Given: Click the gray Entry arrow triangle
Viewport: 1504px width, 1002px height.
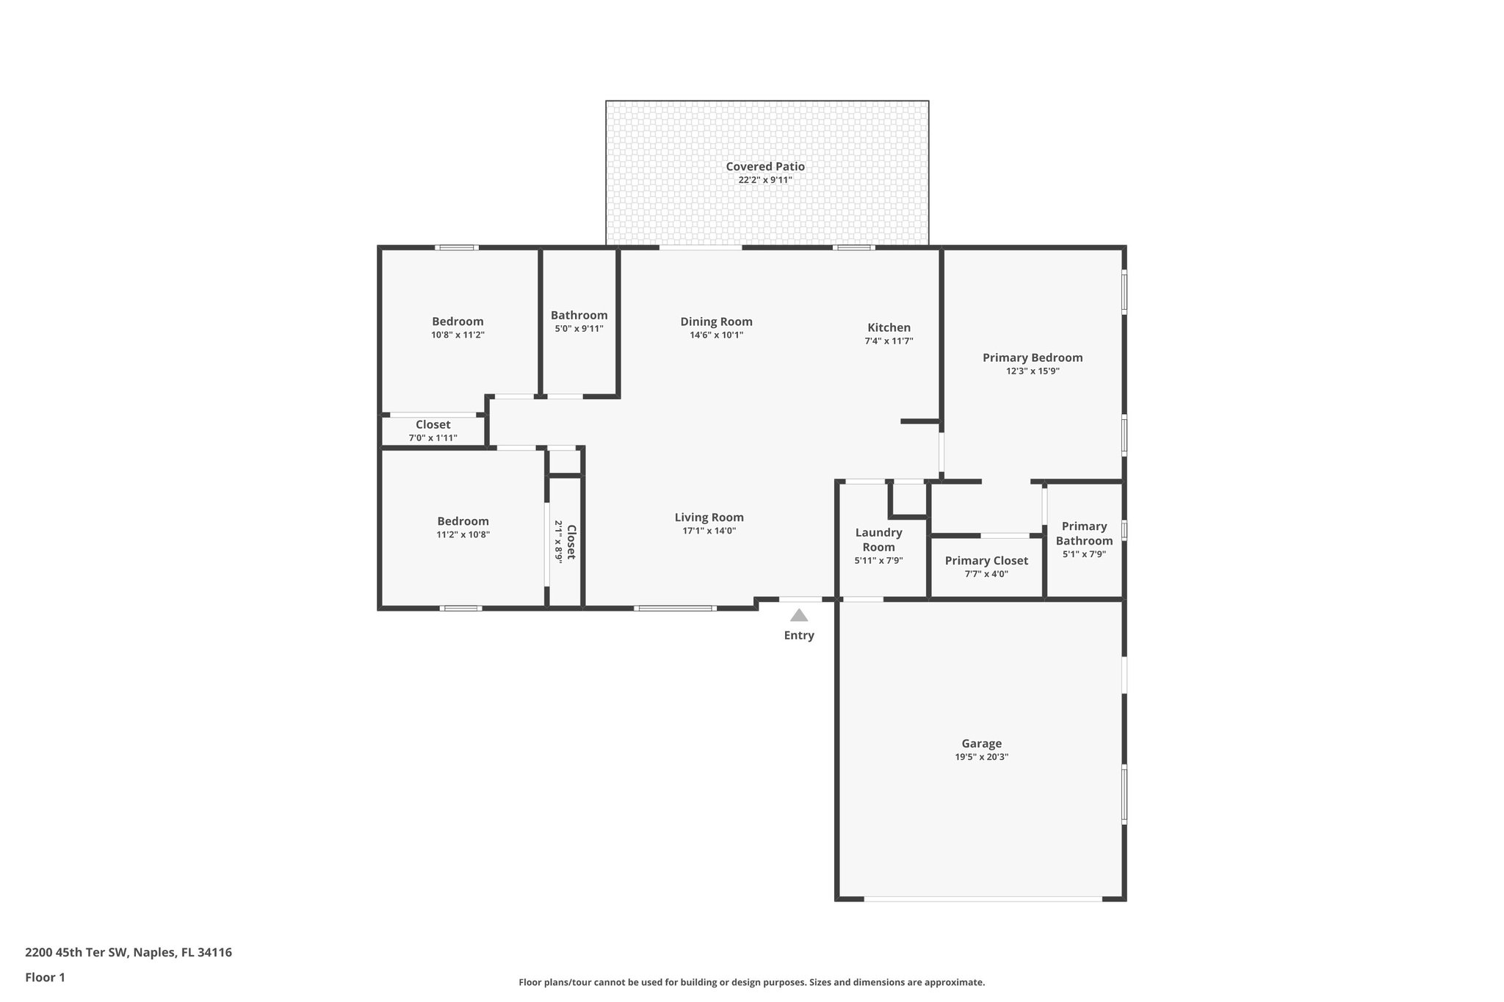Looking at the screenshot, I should (799, 616).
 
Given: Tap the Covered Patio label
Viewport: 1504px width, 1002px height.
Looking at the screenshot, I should (765, 167).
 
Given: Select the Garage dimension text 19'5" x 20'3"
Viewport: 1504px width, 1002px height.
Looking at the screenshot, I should (981, 757).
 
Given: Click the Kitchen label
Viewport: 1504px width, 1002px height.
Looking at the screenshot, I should (889, 327).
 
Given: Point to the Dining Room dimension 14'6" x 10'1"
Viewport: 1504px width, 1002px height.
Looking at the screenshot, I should (716, 335).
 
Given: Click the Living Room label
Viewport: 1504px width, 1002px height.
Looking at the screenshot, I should (709, 517).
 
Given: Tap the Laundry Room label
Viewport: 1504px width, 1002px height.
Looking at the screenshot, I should (878, 540).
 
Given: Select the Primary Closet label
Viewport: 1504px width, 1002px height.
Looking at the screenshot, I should (986, 560).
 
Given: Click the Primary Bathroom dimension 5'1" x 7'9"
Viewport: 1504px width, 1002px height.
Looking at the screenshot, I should (1084, 554).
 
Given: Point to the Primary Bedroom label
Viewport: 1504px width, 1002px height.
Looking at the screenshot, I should (1033, 357).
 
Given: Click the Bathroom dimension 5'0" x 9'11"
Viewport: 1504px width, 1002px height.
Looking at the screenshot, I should (579, 328).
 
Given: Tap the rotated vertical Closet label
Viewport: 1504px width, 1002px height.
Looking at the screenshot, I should (571, 542).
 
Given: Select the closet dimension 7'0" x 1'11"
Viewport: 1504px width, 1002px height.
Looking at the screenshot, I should (433, 438).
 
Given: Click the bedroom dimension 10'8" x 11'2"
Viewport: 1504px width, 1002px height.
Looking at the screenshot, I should (458, 335).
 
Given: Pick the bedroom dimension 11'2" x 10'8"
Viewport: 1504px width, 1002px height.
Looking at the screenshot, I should (463, 534).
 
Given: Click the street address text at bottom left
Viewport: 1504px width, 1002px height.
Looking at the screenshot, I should (129, 952).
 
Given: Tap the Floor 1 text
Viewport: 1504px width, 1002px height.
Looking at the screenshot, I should (45, 977).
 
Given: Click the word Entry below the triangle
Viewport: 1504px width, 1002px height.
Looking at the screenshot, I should (799, 635).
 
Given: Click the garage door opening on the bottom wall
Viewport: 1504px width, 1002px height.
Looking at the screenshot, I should (983, 898).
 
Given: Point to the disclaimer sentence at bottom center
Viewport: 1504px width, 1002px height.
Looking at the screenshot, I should (751, 982).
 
